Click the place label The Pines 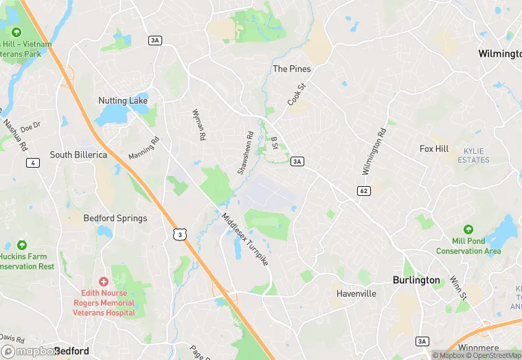[x=292, y=69]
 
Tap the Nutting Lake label [x=123, y=100]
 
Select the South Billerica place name [x=78, y=155]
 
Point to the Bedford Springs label [x=115, y=218]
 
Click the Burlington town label [x=416, y=280]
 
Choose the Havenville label [x=356, y=293]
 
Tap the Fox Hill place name [x=434, y=148]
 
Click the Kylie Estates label [x=474, y=155]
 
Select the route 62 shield [x=364, y=190]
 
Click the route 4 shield [x=32, y=163]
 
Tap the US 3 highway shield [x=179, y=234]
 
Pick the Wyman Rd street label [x=198, y=125]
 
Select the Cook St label [x=295, y=95]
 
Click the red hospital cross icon [x=104, y=282]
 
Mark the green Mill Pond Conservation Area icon [x=468, y=229]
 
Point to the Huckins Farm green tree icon [x=21, y=245]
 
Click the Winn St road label [x=458, y=288]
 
